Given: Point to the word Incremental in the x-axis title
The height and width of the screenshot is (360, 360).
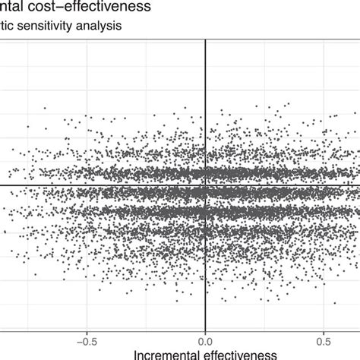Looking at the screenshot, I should coord(170,354).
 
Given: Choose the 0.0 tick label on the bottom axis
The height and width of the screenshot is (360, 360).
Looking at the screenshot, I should coord(205,339).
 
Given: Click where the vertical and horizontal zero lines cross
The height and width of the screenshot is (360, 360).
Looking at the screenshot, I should coord(205,185).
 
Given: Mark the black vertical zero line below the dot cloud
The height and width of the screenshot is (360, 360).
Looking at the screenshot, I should coord(205,315).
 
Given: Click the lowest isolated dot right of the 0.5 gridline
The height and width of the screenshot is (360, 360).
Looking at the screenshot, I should coord(335,304).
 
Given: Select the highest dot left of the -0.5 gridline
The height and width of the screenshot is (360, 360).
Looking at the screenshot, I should coord(45,109).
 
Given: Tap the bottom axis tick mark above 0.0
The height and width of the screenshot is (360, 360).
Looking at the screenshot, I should coord(205,330).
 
